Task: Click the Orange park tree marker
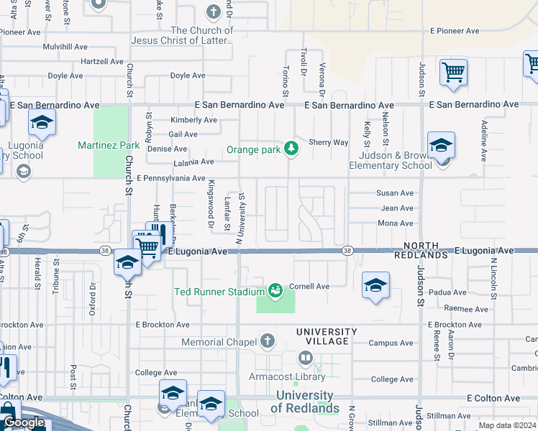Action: click(291, 149)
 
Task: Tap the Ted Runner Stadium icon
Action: click(275, 290)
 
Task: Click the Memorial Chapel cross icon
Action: click(268, 340)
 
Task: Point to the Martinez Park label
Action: click(109, 145)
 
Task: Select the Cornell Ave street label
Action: click(309, 286)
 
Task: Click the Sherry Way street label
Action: click(329, 142)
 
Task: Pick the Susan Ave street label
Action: click(396, 193)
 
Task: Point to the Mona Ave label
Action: click(396, 223)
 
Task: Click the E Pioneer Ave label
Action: click(455, 31)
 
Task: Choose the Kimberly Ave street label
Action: click(193, 120)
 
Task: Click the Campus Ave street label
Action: click(391, 343)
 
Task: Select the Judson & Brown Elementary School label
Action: click(390, 160)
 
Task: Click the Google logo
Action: click(24, 422)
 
